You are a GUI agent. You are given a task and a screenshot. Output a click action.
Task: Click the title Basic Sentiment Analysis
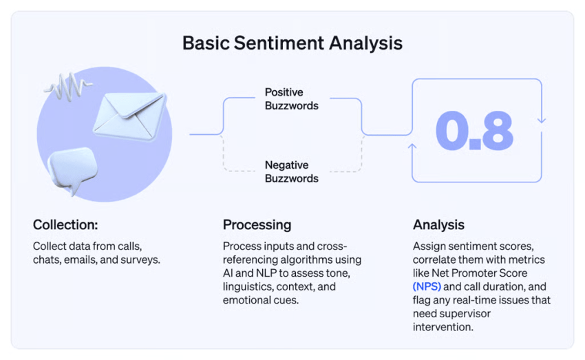[292, 43]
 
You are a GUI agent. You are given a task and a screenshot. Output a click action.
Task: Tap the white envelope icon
[129, 114]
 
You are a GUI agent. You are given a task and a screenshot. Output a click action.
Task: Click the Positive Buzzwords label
[292, 99]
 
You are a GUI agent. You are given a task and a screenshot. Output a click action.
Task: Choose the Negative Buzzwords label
[292, 172]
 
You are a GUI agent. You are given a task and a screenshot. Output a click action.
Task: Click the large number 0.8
[475, 130]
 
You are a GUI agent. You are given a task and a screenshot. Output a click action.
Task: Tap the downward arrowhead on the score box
[541, 120]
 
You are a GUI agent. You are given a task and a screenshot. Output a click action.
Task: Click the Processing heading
[257, 225]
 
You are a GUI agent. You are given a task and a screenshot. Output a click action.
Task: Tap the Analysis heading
[438, 225]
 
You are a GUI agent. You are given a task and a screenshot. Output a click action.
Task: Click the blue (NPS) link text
[427, 286]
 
